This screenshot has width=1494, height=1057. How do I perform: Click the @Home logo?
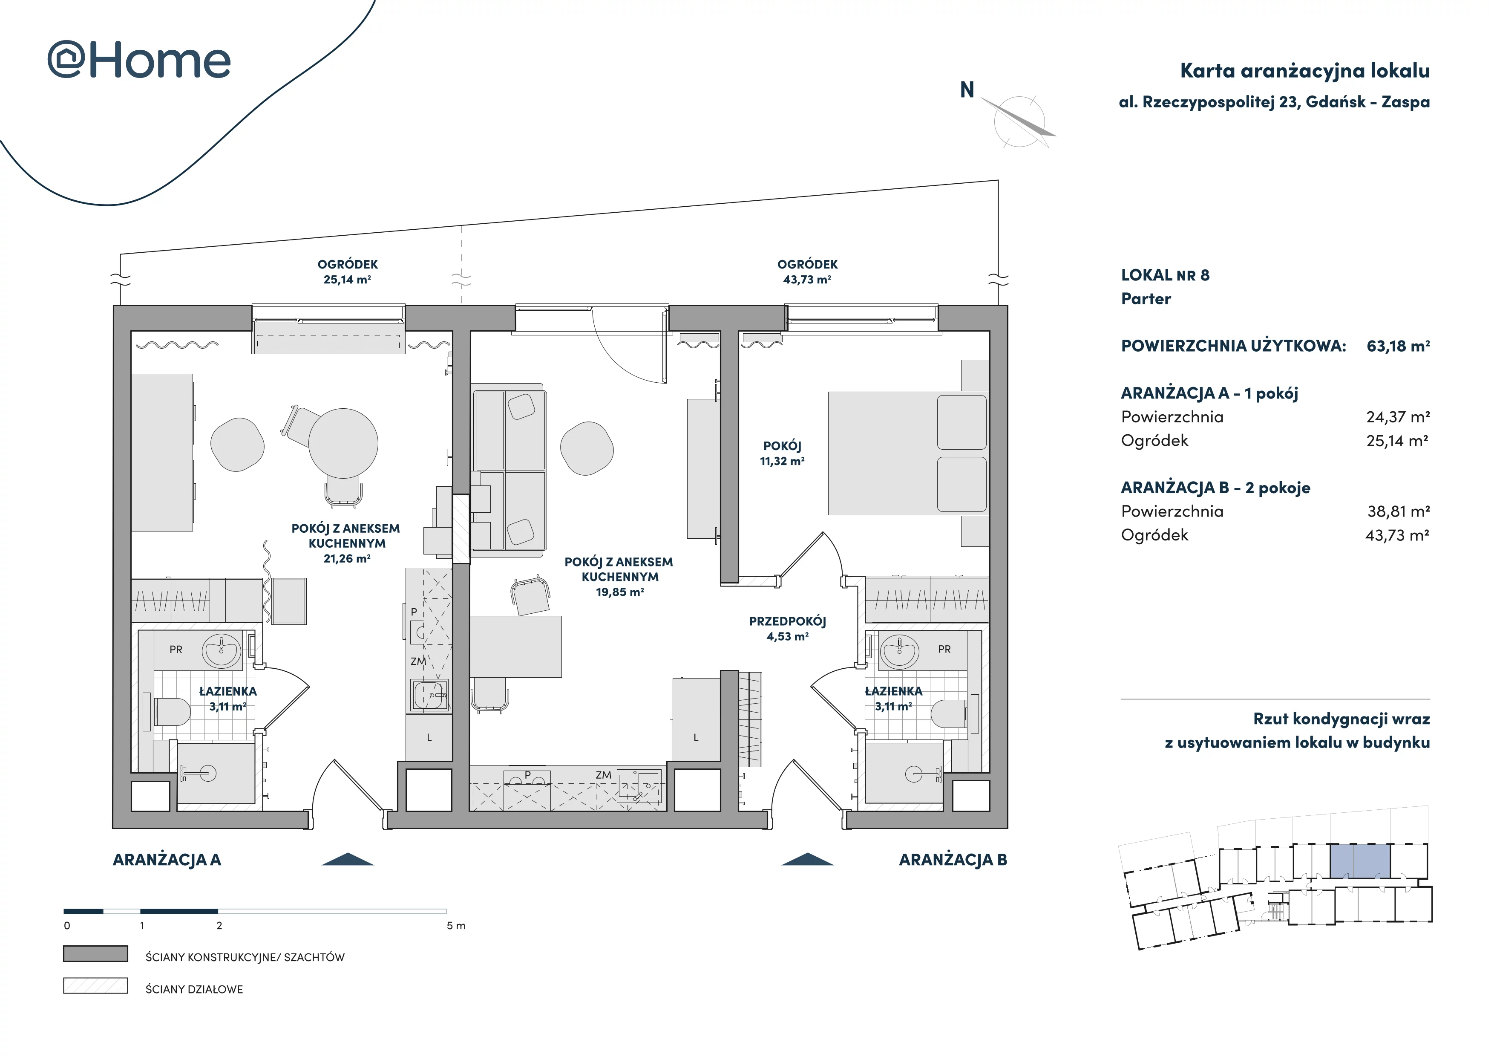(x=139, y=61)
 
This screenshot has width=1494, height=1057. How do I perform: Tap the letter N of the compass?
(x=967, y=90)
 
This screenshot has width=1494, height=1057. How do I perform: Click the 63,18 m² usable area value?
(x=1398, y=346)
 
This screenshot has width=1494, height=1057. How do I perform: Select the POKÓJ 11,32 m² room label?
(x=782, y=453)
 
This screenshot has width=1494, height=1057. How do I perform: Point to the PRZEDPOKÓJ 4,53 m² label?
(x=787, y=629)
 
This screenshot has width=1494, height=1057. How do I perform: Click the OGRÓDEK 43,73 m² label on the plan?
(x=808, y=271)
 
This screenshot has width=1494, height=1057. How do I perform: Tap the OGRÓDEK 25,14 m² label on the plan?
(x=348, y=271)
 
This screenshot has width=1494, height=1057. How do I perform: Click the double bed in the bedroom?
(x=908, y=453)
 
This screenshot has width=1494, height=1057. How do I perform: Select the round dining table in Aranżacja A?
(x=343, y=443)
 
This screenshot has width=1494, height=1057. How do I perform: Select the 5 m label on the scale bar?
(x=455, y=926)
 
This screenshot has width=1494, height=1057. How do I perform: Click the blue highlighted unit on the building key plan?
(x=1359, y=861)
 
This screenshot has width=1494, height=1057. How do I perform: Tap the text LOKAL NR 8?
(x=1165, y=275)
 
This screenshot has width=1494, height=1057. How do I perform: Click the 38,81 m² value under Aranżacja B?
(x=1398, y=511)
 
